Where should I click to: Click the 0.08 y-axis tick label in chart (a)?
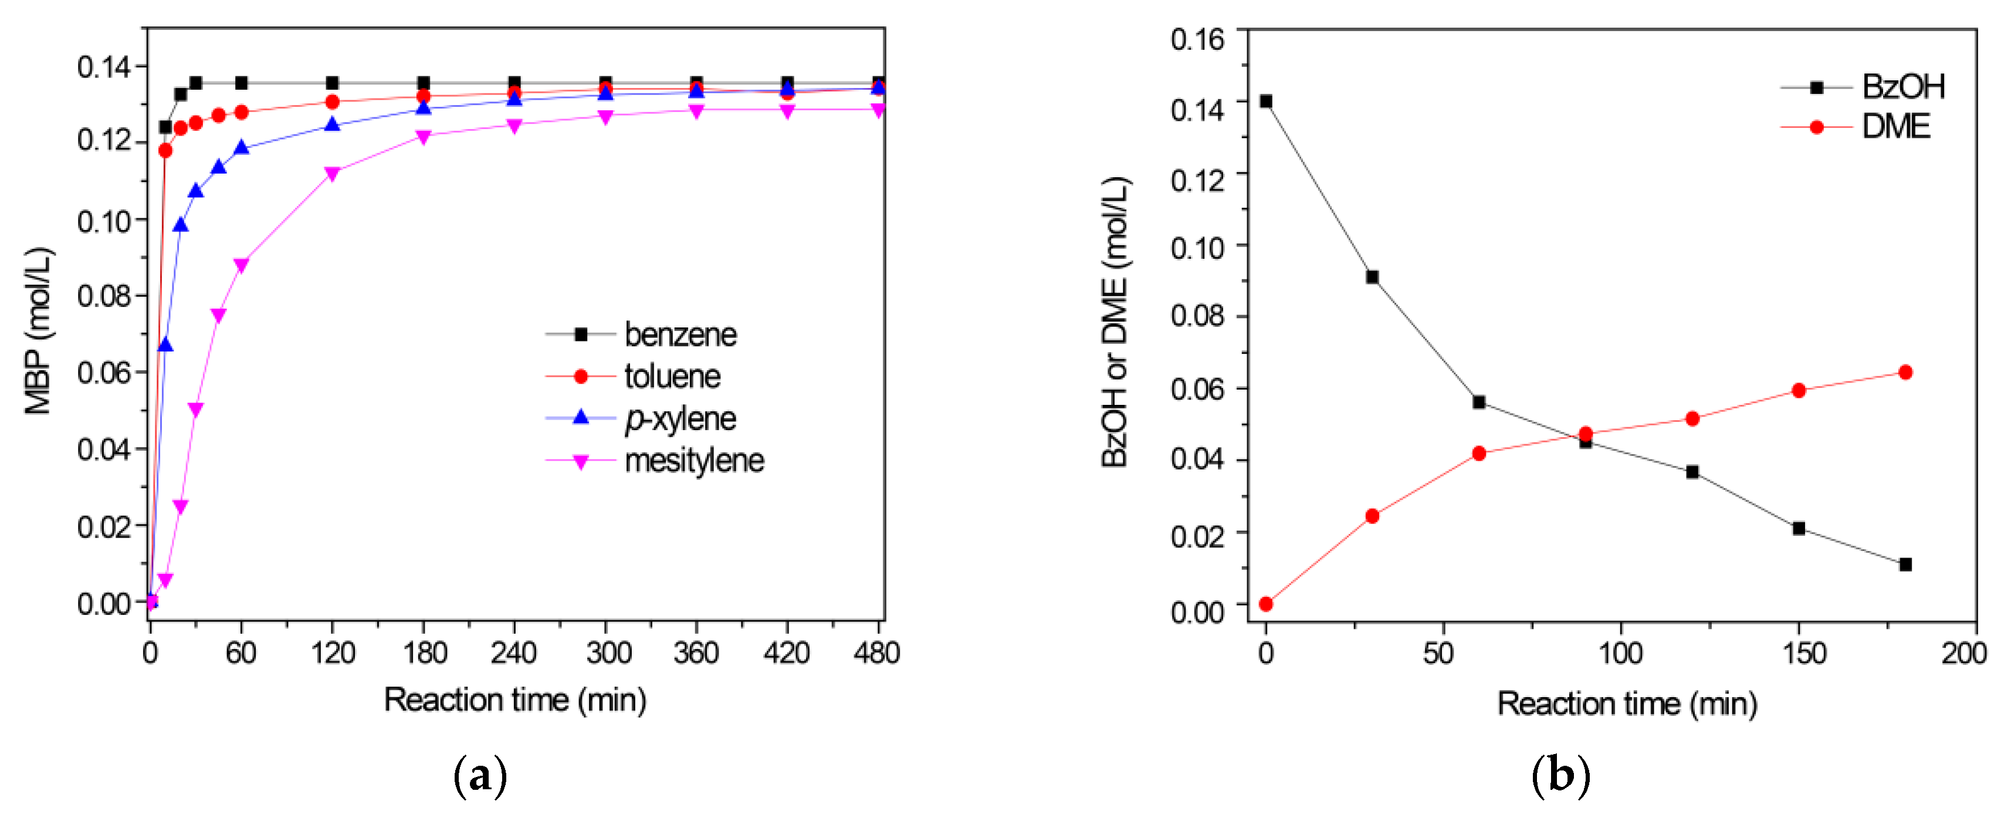pyautogui.click(x=105, y=296)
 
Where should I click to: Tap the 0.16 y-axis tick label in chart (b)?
pyautogui.click(x=1197, y=39)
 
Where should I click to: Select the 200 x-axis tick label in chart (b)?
pyautogui.click(x=1963, y=653)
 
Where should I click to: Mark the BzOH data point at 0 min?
pyautogui.click(x=1266, y=101)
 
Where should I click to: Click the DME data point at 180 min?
pyautogui.click(x=1905, y=372)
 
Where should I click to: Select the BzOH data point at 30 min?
pyautogui.click(x=1373, y=278)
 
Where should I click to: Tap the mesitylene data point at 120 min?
pyautogui.click(x=333, y=174)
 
